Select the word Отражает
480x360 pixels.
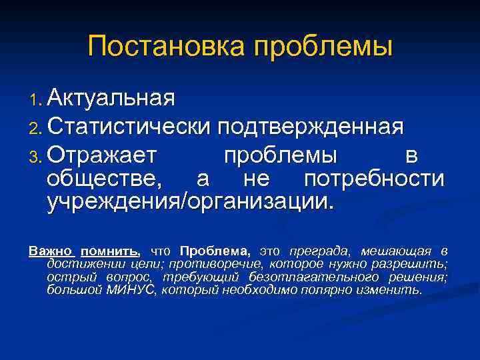pos(103,154)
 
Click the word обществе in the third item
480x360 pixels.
pos(104,179)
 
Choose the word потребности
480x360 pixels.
pos(374,179)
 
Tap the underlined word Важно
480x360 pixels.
pos(50,251)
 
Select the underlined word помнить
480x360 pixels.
pos(109,251)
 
